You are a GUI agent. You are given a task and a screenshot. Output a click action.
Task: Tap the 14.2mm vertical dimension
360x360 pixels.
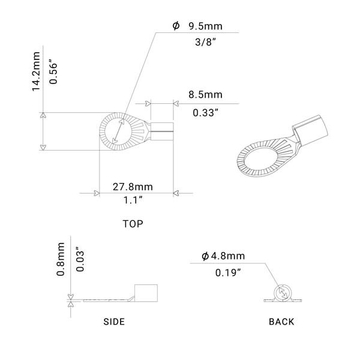[37, 73]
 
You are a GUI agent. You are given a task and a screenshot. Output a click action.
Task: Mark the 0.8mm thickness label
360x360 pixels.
[61, 261]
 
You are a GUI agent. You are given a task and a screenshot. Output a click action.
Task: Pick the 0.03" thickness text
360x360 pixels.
[80, 262]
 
